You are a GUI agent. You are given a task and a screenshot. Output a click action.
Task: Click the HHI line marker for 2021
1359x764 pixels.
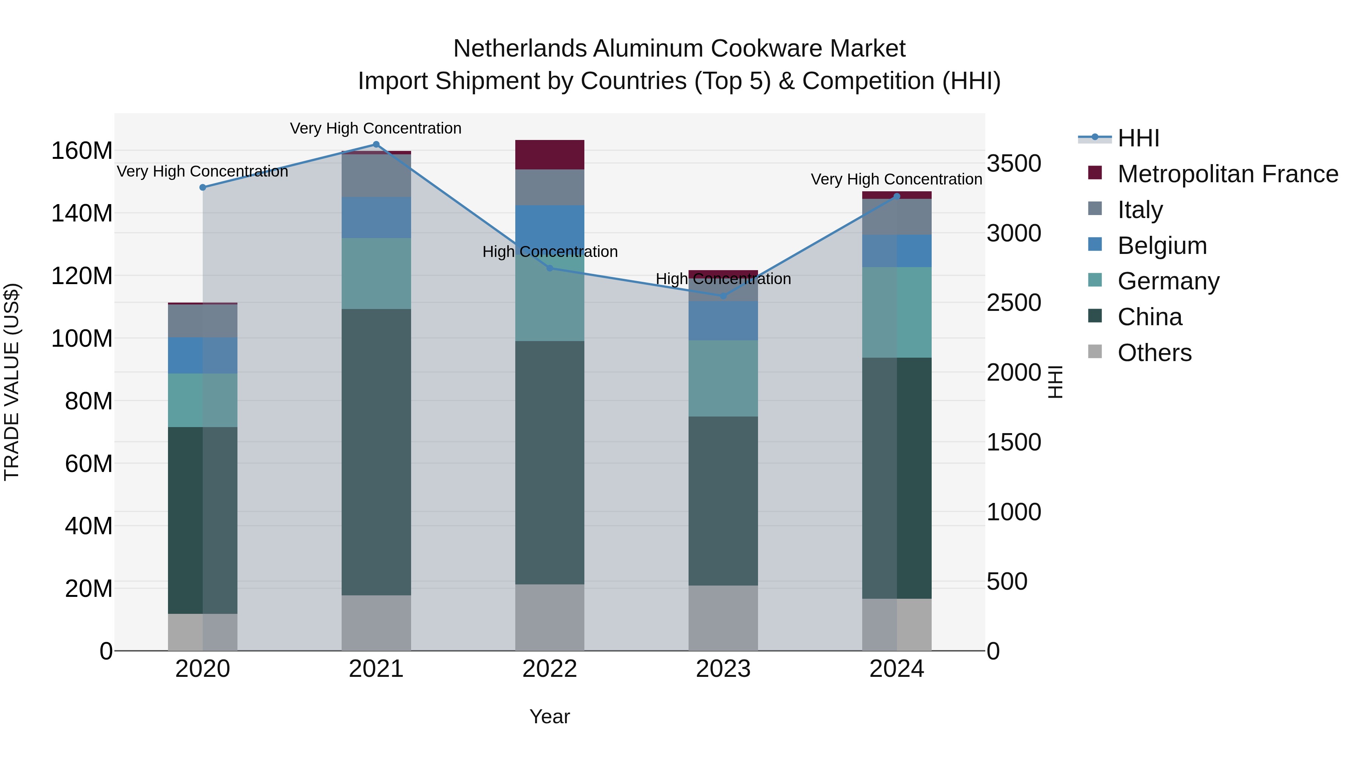tap(376, 144)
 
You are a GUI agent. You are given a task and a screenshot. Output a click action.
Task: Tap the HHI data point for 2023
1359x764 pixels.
tap(723, 296)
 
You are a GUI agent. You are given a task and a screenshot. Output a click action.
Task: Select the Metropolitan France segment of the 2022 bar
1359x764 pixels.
tap(550, 154)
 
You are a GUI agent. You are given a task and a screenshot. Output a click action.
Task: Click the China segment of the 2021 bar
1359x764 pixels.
tap(376, 452)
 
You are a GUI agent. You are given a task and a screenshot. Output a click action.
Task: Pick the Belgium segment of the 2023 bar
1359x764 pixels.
tap(723, 321)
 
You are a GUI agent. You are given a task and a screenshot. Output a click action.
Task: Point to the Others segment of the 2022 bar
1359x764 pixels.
tap(550, 617)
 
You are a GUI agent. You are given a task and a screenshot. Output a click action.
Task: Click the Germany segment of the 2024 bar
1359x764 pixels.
tap(897, 312)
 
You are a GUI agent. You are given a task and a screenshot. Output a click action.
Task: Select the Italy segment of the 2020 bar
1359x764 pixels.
tap(203, 321)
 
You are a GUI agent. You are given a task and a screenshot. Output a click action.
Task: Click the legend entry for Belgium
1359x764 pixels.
tap(1162, 246)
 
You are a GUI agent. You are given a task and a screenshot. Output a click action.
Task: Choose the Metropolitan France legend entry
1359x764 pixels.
tap(1227, 174)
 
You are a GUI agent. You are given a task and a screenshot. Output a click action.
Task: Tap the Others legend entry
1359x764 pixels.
tap(1154, 353)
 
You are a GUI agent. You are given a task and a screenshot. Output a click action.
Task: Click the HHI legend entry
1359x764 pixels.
tap(1138, 138)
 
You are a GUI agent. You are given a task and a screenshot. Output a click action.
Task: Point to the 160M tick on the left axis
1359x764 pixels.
tap(82, 151)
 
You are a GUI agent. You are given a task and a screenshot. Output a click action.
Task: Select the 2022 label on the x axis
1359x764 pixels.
tap(550, 669)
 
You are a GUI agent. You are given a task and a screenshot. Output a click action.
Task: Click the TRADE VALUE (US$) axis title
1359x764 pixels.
tap(12, 382)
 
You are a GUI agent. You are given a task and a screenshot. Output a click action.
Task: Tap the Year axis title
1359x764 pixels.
tap(550, 716)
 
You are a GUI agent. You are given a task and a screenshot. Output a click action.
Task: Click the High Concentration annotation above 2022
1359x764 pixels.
tap(550, 252)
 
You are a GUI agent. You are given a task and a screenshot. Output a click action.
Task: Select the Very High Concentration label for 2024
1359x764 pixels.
tap(896, 179)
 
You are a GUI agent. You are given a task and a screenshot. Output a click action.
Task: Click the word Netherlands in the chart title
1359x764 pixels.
tap(520, 49)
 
